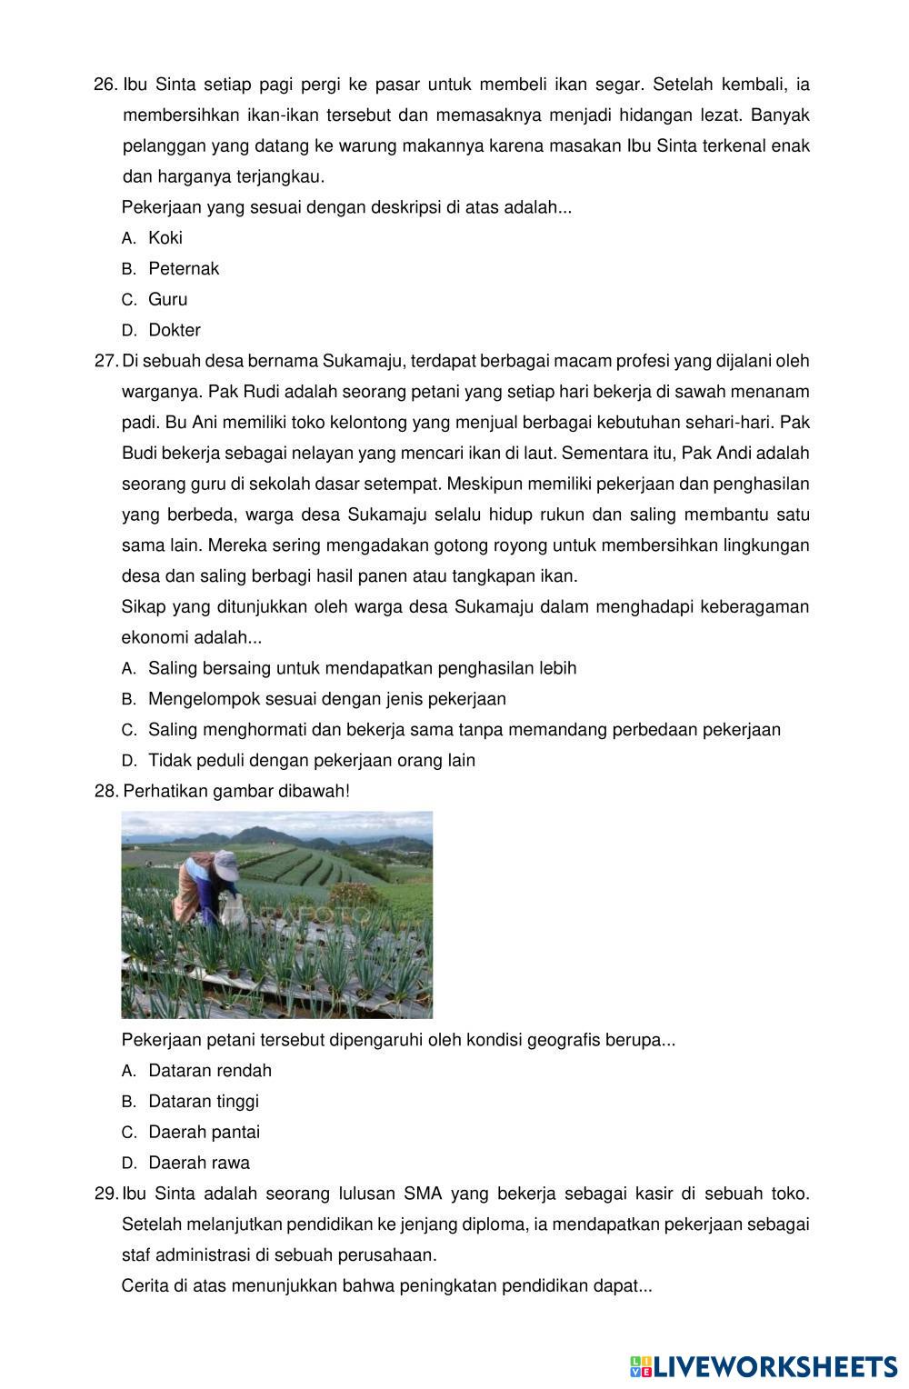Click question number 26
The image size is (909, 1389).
(105, 85)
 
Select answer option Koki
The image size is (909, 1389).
(165, 238)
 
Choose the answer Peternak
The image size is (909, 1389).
(183, 269)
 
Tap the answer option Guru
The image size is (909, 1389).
(167, 300)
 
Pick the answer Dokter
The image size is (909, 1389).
(174, 331)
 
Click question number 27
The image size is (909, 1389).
(105, 362)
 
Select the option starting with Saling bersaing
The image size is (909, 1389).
(362, 669)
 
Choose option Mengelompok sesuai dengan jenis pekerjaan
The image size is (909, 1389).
(326, 700)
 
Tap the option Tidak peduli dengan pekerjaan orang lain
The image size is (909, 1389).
(311, 761)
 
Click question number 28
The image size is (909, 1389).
(105, 792)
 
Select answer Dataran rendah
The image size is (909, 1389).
(209, 1071)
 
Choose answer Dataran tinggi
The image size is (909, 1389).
(203, 1102)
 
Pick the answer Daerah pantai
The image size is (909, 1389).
(204, 1133)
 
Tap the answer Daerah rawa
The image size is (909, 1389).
(198, 1164)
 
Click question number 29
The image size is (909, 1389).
(105, 1194)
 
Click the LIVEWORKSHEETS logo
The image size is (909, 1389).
(764, 1366)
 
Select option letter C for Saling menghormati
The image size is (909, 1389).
(128, 731)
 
